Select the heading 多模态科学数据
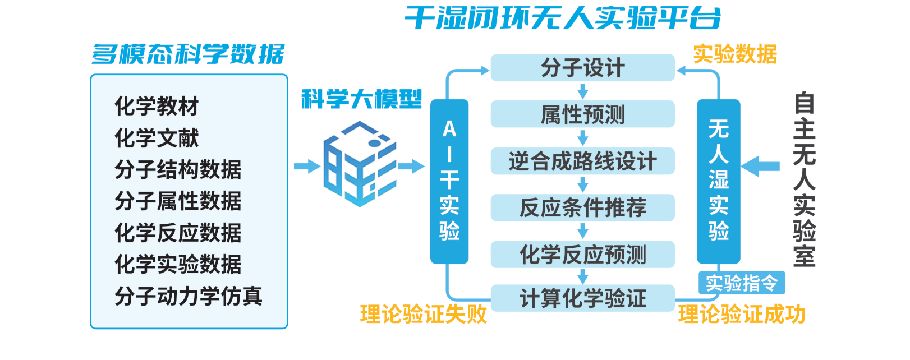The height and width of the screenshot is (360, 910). click(189, 54)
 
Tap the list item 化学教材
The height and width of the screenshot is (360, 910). click(157, 106)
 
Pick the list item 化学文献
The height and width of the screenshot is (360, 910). click(157, 138)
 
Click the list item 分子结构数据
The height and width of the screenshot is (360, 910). click(178, 169)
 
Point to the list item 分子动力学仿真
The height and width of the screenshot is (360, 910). click(189, 296)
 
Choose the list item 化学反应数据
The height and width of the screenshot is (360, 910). click(178, 233)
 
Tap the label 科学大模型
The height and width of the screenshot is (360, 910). click(361, 99)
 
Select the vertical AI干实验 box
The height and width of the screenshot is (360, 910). click(449, 181)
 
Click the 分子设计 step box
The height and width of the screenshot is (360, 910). click(582, 68)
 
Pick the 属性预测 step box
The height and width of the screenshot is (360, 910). click(582, 114)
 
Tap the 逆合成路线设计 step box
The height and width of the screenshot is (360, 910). click(582, 161)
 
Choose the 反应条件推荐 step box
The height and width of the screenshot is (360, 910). click(582, 208)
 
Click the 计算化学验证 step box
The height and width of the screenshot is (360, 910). click(582, 298)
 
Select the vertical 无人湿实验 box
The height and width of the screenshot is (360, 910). click(718, 181)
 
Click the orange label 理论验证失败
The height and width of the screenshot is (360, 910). click(424, 315)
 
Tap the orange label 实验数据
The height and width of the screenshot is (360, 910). click(735, 54)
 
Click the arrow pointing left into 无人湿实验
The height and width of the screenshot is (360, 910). click(760, 166)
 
